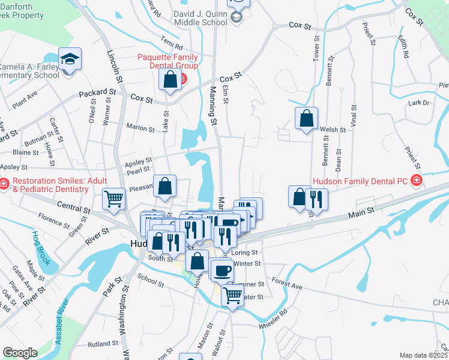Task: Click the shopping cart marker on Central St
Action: pyautogui.click(x=113, y=199)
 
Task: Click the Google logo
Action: pyautogui.click(x=20, y=353)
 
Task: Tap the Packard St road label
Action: pyautogui.click(x=98, y=93)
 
